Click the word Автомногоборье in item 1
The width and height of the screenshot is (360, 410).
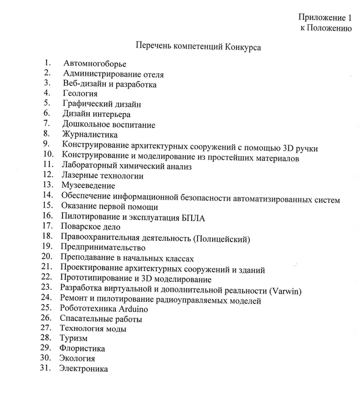tap(94, 64)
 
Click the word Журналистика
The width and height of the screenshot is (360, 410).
tap(90, 134)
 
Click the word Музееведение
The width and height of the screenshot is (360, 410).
tap(88, 186)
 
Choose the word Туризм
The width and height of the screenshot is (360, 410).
tap(73, 337)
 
